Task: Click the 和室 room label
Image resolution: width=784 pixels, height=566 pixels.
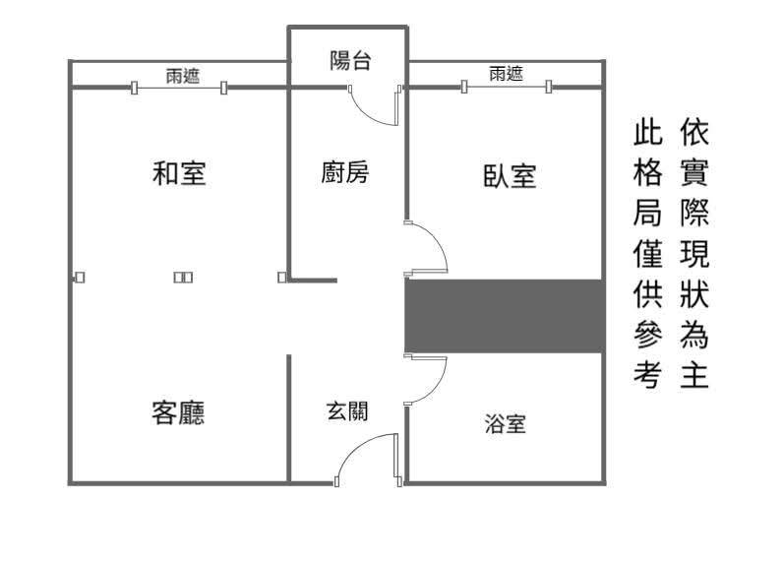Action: click(x=179, y=173)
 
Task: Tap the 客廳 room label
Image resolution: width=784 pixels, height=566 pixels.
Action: click(x=178, y=412)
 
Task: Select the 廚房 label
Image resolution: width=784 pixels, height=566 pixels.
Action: click(x=344, y=172)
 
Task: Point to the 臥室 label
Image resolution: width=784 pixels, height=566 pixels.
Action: click(x=510, y=176)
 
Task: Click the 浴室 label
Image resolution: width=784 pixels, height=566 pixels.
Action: click(x=505, y=423)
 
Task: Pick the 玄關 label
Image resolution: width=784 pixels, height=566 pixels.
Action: click(x=347, y=410)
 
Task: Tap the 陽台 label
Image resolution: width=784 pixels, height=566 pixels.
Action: click(x=350, y=61)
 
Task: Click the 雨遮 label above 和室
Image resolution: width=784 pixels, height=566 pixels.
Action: click(x=183, y=76)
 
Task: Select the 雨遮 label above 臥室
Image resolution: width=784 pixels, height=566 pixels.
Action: click(x=506, y=74)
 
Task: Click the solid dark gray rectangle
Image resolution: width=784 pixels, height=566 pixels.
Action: click(x=505, y=316)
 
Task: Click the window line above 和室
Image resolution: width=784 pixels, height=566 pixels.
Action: click(x=178, y=88)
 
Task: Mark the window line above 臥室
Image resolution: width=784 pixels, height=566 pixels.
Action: click(x=507, y=87)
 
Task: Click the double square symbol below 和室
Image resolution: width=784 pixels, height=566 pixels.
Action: click(x=183, y=278)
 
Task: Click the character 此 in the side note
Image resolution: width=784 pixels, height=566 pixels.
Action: click(x=648, y=133)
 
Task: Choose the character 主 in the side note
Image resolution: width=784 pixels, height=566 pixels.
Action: click(x=694, y=375)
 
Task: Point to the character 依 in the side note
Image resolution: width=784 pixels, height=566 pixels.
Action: click(x=694, y=133)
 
